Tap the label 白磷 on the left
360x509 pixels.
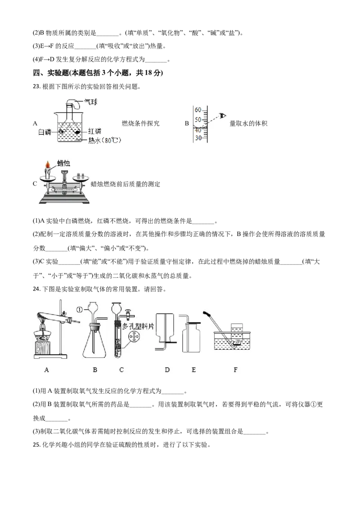(x=45, y=131)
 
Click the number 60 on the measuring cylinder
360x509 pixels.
(x=198, y=110)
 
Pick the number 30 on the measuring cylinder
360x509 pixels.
(x=198, y=138)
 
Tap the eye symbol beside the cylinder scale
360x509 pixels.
(x=221, y=115)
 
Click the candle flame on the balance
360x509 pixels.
(x=48, y=165)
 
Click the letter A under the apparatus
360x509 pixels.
(x=46, y=370)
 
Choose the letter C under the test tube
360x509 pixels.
(x=121, y=370)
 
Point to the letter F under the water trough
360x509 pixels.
(x=235, y=370)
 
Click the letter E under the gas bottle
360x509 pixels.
(x=193, y=370)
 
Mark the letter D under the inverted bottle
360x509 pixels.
(x=167, y=370)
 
